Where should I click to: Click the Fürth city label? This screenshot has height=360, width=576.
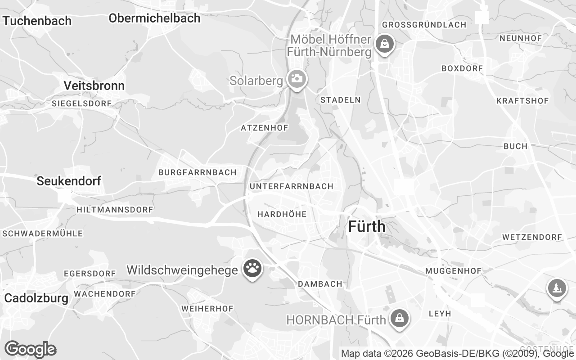(x=367, y=226)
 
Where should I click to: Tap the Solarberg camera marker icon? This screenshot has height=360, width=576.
(x=297, y=79)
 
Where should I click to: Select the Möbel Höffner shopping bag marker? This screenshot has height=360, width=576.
(x=384, y=44)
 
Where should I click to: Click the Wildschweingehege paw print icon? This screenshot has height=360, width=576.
(x=252, y=269)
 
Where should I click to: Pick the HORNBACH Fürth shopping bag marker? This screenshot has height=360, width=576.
(x=399, y=319)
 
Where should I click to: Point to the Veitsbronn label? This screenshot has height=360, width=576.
(x=94, y=85)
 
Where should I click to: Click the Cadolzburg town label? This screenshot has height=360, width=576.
(x=36, y=298)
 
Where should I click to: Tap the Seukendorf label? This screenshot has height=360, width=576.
(x=69, y=181)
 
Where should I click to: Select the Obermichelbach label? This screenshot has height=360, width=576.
(x=154, y=18)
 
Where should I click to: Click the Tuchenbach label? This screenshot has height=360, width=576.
(x=37, y=21)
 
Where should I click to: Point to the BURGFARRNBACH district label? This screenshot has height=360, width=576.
(x=197, y=172)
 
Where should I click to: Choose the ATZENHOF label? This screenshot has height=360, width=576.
(x=264, y=128)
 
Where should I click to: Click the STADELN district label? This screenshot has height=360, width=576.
(x=340, y=100)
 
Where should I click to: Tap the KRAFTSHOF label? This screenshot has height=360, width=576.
(x=522, y=101)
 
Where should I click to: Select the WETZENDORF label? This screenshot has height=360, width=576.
(x=532, y=237)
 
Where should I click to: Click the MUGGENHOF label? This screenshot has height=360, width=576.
(x=453, y=271)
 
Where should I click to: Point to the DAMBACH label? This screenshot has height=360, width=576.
(x=320, y=284)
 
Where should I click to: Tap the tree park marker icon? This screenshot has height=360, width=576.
(x=557, y=288)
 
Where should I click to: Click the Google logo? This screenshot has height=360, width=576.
(x=30, y=349)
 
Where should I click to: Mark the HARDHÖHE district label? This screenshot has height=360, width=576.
(x=282, y=214)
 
